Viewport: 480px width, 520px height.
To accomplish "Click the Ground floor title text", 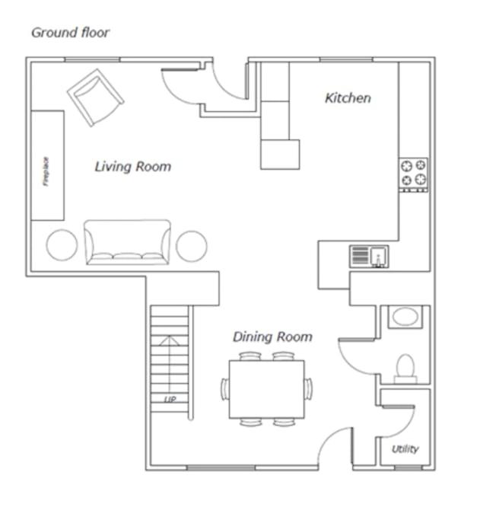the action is point(70,33).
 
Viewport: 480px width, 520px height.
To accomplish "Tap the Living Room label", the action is point(133,167).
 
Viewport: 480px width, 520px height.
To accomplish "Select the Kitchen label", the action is point(348,98).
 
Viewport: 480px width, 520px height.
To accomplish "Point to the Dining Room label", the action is point(272,337).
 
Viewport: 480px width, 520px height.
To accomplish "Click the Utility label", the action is point(405,449).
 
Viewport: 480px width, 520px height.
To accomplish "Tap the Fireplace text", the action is point(46,171).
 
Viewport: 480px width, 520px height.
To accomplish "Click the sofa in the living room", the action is point(127,242).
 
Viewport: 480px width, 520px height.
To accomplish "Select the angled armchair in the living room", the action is point(95,97).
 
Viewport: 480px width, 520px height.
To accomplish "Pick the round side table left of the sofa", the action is point(62,245).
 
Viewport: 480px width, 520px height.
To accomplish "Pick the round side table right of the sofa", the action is point(192,247).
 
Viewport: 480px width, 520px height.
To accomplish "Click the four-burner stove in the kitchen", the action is point(413,175).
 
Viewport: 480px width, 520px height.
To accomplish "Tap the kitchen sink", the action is point(369,257).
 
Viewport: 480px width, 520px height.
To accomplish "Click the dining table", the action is point(267,389).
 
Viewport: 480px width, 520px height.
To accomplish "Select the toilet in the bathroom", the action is point(405,368).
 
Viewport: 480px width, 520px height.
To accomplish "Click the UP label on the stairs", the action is point(170,400).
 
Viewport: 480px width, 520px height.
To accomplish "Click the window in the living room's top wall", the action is point(92,59).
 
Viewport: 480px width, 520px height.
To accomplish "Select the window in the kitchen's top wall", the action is point(346,59).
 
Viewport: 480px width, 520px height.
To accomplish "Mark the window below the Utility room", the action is point(408,467).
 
